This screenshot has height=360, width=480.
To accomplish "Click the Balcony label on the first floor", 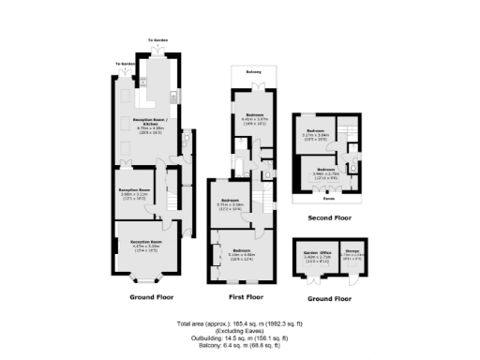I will (x=253, y=72).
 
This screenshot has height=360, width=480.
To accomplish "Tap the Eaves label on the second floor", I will (x=328, y=199).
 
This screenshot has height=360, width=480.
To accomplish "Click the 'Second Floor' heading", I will (x=329, y=217).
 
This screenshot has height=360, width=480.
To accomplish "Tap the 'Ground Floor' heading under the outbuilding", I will (x=329, y=299).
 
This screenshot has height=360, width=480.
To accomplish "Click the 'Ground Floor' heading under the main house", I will (x=151, y=296).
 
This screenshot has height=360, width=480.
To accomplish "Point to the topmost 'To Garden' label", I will (x=157, y=41).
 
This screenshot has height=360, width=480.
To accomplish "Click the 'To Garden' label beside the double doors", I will (x=124, y=64).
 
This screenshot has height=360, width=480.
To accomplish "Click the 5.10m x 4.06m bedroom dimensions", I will (x=243, y=255).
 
